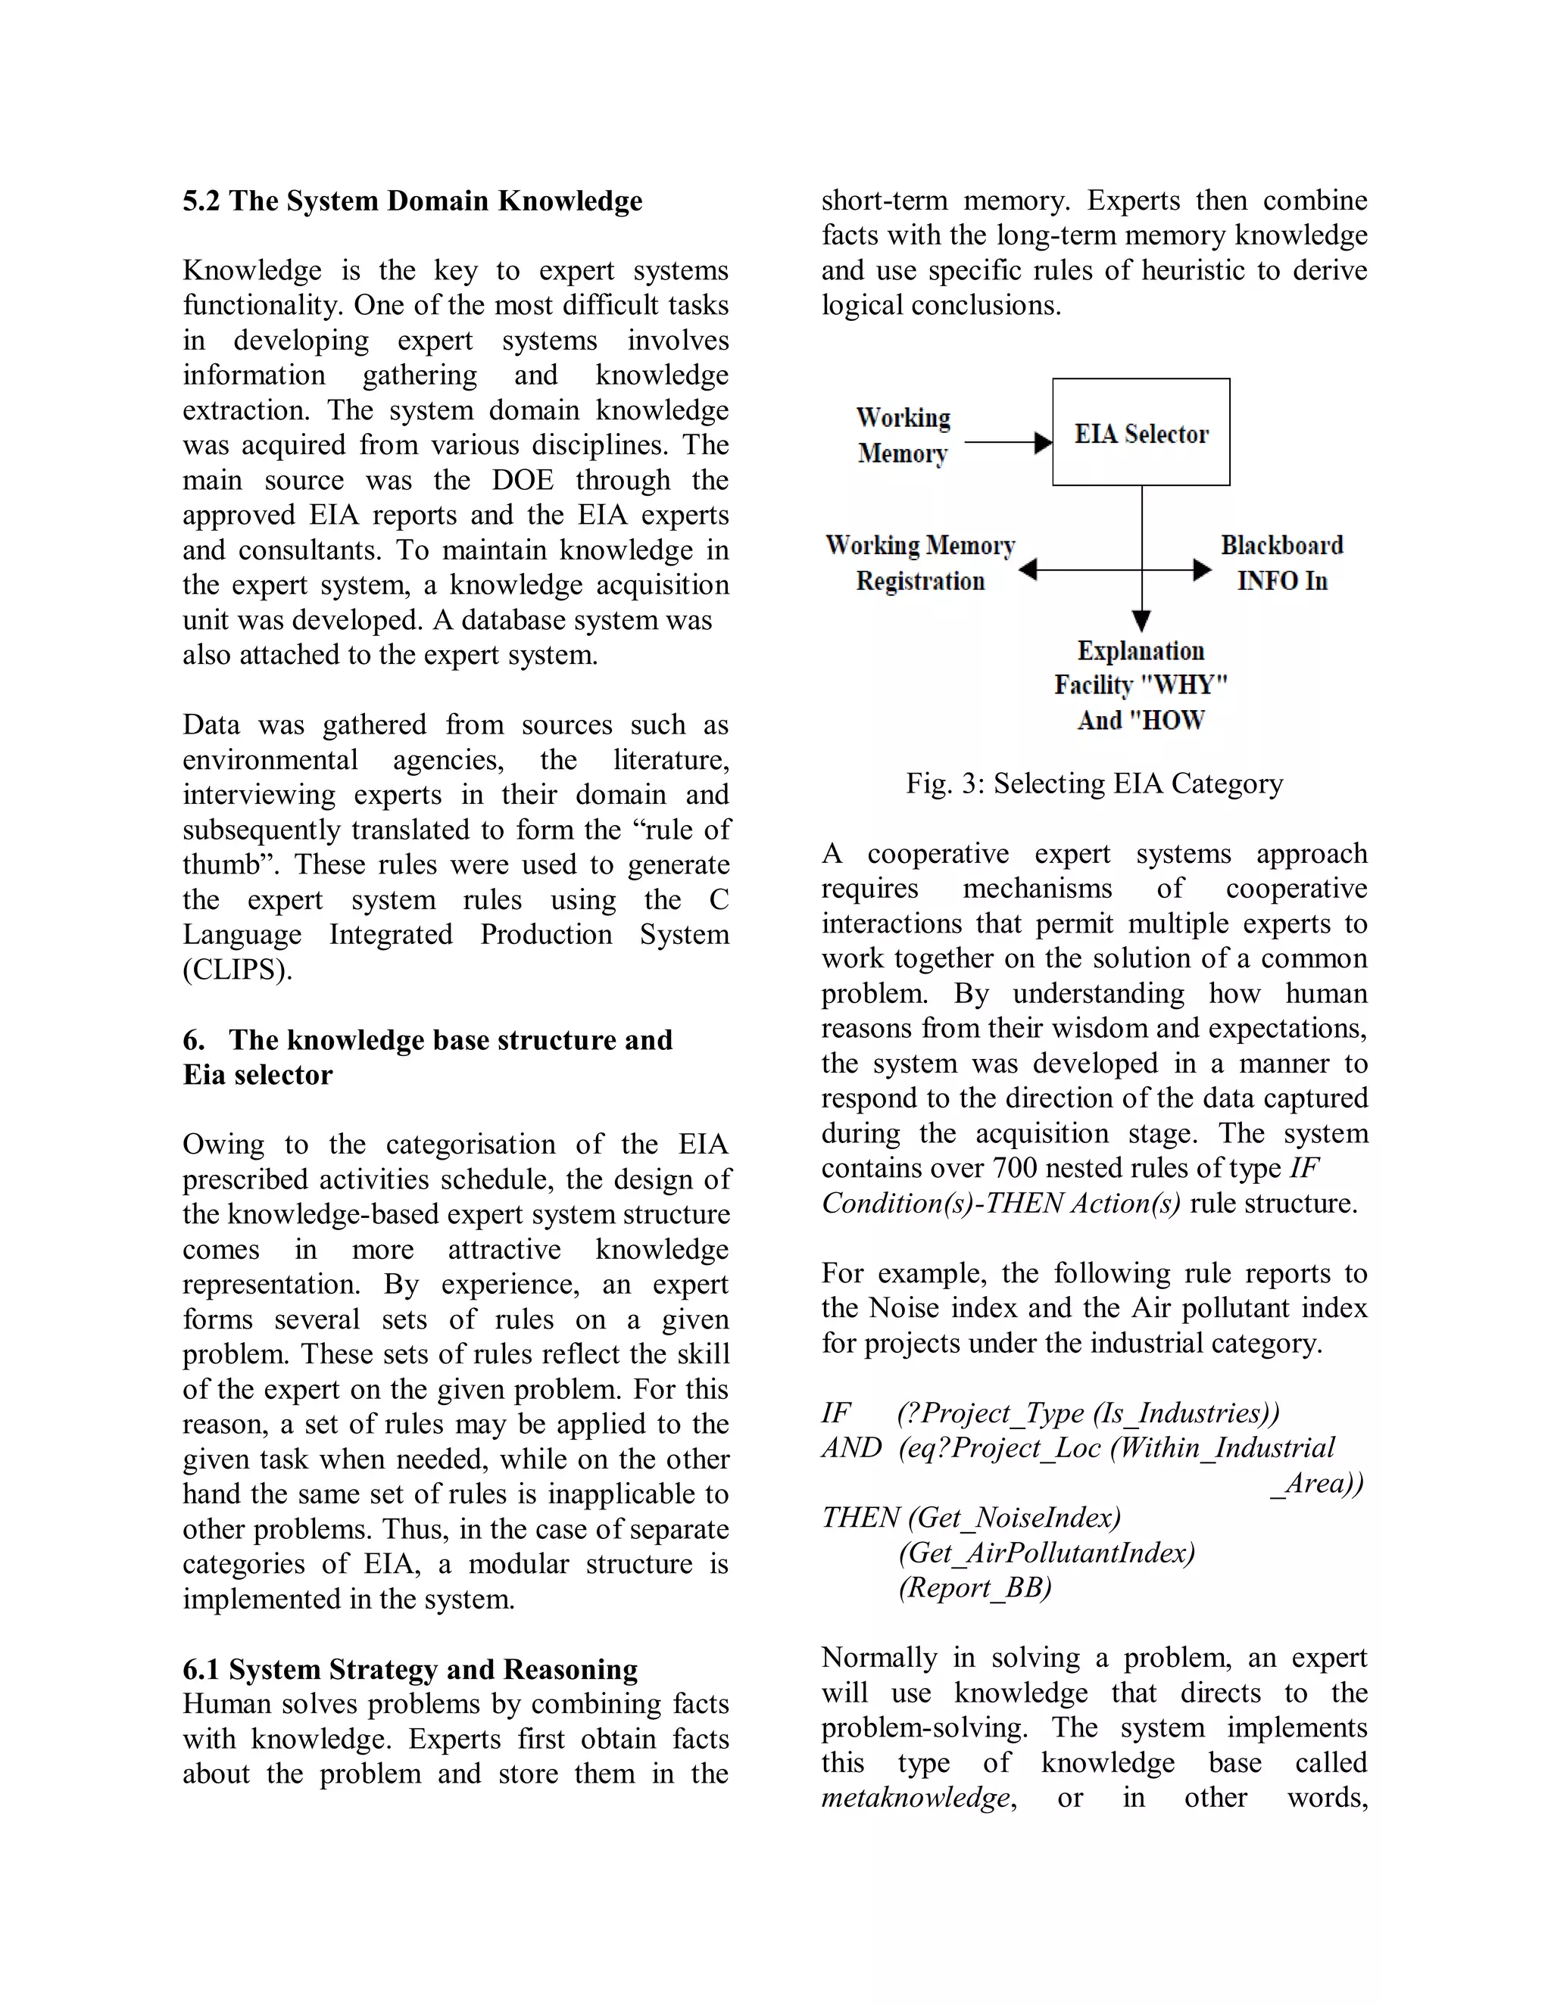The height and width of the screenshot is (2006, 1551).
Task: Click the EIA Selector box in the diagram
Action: (x=1141, y=431)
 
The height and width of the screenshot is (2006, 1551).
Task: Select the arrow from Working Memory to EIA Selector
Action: (x=1007, y=443)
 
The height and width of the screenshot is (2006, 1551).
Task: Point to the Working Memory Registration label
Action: (x=919, y=562)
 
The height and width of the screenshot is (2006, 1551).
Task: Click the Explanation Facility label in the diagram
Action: (x=1141, y=684)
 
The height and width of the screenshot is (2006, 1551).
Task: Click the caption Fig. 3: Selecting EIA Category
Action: (x=1094, y=783)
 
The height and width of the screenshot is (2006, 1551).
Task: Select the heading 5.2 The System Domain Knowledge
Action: (x=412, y=201)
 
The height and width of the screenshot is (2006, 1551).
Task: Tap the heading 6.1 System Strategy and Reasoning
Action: (x=410, y=1669)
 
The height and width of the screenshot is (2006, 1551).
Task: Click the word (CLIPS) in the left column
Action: (x=237, y=970)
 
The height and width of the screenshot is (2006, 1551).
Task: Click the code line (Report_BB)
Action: (x=974, y=1587)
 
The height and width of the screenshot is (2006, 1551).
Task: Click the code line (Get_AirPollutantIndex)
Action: (x=1047, y=1553)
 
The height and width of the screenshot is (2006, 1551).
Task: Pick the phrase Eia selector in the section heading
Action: (x=257, y=1075)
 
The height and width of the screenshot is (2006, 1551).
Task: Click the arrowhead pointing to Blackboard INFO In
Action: (x=1202, y=571)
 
